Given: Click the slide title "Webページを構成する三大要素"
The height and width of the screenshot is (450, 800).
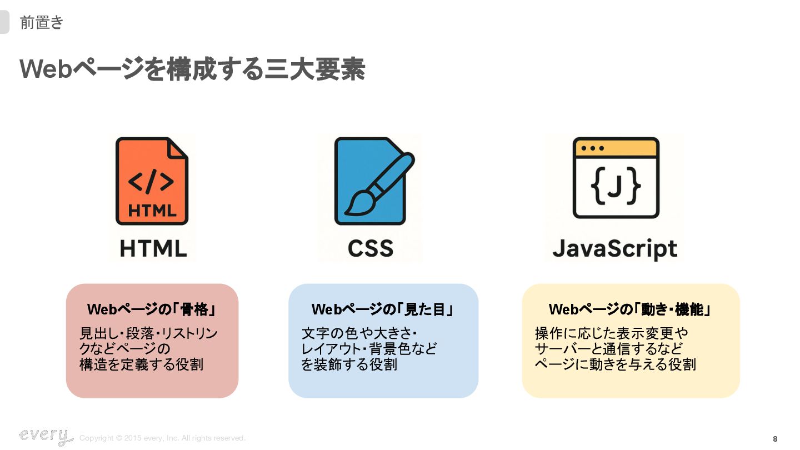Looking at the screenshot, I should tap(192, 70).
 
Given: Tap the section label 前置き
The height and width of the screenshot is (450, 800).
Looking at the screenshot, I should tap(42, 23).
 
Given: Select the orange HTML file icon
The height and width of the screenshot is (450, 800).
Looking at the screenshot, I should tap(152, 181).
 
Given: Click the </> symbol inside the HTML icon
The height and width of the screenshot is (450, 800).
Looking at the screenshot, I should tap(151, 182).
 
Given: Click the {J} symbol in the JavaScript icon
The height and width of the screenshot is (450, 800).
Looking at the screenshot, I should tap(616, 187).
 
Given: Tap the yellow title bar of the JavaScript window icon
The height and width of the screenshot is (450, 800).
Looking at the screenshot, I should tap(616, 148).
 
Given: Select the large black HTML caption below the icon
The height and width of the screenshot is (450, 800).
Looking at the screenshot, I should tap(153, 248).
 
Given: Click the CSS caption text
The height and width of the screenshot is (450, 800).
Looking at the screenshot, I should tap(371, 248).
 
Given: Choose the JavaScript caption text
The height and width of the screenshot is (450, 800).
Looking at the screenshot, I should tap(615, 249).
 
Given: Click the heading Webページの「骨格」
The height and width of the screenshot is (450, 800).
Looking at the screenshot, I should tap(152, 309).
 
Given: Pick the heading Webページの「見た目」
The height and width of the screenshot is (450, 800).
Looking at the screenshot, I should tap(383, 309).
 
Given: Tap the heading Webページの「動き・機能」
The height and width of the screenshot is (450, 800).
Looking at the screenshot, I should tap(630, 309).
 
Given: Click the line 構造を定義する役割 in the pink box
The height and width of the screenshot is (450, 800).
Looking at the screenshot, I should tap(141, 364).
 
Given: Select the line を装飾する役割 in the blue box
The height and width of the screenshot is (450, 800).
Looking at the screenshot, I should tap(349, 364).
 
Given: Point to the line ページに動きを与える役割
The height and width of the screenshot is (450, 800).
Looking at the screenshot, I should tap(615, 364).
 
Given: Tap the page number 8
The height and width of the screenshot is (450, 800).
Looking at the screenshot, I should tap(775, 439).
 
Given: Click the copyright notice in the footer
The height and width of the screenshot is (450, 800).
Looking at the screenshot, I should tap(162, 438).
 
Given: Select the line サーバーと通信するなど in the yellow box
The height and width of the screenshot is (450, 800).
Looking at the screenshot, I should tap(608, 349).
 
